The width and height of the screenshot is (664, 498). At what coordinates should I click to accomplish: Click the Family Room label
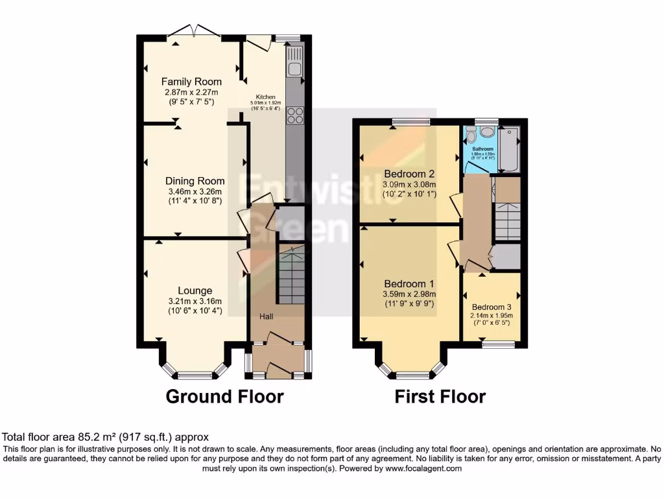point(191,82)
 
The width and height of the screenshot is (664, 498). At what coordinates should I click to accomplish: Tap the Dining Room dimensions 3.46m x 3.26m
point(195,191)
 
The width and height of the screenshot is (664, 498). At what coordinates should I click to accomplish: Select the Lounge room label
point(195,290)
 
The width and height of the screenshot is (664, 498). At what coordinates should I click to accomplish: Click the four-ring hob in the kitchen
point(294,115)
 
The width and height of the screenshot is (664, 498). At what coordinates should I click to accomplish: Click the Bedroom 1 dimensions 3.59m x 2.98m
point(409,294)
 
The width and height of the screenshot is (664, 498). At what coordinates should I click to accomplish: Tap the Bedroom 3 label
point(492,307)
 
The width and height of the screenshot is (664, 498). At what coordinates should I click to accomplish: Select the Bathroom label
point(482,148)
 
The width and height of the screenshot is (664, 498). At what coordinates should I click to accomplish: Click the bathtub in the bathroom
point(509,149)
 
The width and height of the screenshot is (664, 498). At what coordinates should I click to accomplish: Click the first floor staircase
point(506,220)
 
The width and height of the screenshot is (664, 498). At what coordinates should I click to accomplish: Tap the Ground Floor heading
point(224,396)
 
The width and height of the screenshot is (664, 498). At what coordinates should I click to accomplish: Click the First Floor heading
point(440,396)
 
